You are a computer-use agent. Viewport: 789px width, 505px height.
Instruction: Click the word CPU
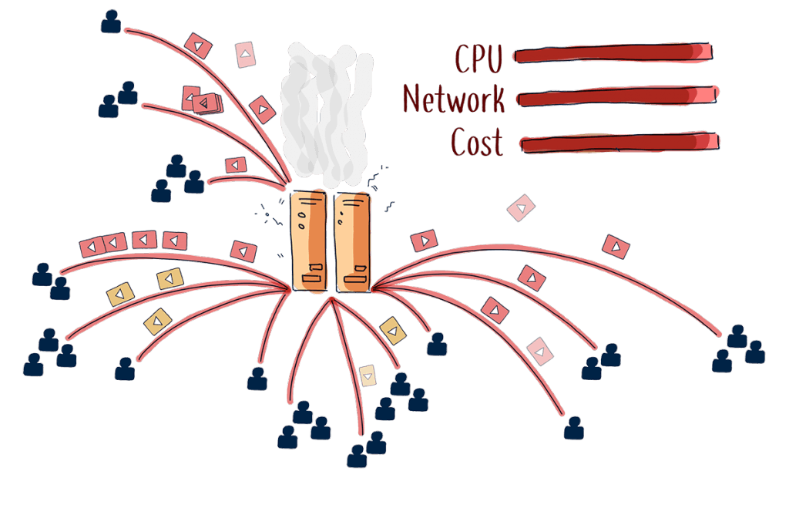(x=478, y=59)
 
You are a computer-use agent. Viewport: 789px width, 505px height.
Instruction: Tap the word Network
(x=454, y=99)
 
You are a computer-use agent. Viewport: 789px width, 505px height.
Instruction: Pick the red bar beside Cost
(x=619, y=143)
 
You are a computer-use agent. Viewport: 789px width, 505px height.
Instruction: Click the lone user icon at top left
(x=111, y=21)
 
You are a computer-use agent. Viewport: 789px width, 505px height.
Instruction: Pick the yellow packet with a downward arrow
(x=368, y=376)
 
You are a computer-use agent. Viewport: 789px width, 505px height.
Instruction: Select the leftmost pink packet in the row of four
(x=92, y=247)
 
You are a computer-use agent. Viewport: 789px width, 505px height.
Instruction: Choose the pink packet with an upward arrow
(x=246, y=55)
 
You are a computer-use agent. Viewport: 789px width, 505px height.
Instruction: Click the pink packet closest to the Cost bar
(x=522, y=207)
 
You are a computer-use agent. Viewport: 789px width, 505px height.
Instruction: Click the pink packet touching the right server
(x=424, y=241)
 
